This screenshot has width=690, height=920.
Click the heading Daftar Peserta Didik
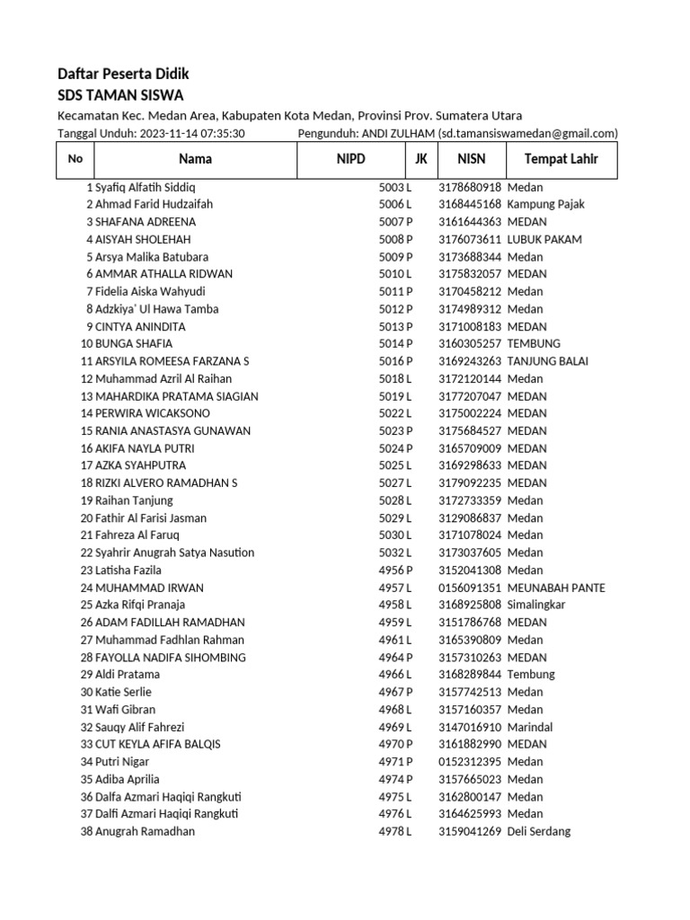coord(123,74)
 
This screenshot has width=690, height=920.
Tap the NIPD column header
coord(351,159)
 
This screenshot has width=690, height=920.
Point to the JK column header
coord(420,159)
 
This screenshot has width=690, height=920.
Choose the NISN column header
coord(471,159)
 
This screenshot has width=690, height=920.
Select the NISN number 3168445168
coord(469,204)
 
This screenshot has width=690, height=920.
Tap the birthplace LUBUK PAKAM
coord(544,239)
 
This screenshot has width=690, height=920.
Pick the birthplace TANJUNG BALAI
coord(547,361)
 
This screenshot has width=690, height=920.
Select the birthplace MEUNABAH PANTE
coord(555,588)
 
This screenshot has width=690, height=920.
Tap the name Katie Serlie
coord(123,692)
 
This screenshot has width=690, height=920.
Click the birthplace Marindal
coord(529,727)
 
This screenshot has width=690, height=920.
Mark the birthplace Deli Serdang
coord(538,831)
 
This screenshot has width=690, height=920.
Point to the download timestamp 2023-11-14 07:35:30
coord(192,133)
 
